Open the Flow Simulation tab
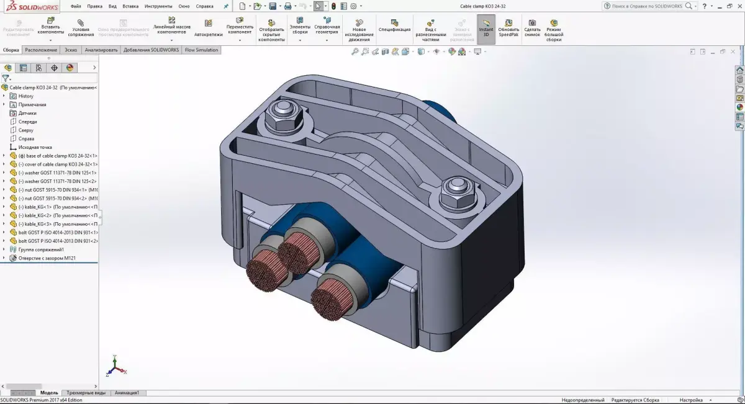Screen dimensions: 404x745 (202, 50)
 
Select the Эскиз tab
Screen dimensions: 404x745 (71, 50)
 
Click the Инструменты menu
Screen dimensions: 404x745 (158, 6)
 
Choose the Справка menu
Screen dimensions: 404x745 (204, 6)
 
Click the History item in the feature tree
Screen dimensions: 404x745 (25, 96)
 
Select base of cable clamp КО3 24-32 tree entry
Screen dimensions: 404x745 (57, 156)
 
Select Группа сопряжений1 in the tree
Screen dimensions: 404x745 (41, 249)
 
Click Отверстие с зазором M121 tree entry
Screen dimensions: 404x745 (47, 258)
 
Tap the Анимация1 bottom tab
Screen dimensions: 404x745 (127, 392)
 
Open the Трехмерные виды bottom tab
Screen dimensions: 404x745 (86, 392)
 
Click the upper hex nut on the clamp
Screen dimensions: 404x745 (283, 114)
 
